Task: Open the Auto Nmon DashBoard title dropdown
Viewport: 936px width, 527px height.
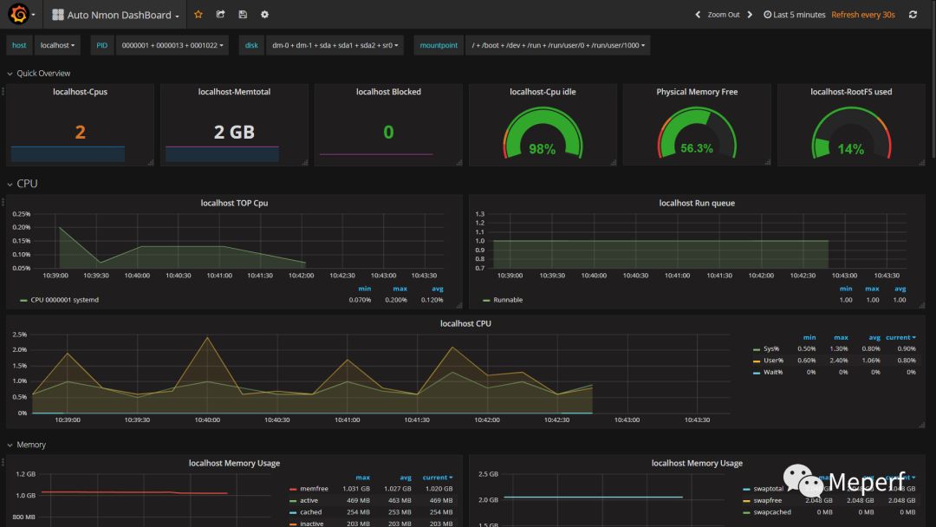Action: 116,15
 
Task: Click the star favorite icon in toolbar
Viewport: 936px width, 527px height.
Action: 198,15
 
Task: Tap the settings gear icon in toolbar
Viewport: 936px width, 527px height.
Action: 264,15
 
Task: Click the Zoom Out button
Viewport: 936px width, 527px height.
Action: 724,15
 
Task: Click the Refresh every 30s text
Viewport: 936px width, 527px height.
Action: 862,15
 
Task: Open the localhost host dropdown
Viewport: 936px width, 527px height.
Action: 58,45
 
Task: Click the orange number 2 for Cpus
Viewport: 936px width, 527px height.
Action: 80,132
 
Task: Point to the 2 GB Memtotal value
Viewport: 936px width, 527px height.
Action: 234,132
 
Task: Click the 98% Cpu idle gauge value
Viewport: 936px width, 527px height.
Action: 542,149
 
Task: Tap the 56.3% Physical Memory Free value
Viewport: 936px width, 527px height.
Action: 697,148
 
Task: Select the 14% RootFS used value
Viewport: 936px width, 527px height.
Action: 850,149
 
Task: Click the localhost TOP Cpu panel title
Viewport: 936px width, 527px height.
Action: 234,203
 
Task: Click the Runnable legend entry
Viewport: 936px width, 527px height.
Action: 508,300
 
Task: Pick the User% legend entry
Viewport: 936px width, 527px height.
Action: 773,360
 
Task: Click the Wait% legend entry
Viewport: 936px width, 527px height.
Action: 772,372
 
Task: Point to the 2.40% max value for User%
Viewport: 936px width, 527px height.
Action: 840,360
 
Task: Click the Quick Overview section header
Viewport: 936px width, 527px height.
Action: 43,74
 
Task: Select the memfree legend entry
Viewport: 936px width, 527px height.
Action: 314,489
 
